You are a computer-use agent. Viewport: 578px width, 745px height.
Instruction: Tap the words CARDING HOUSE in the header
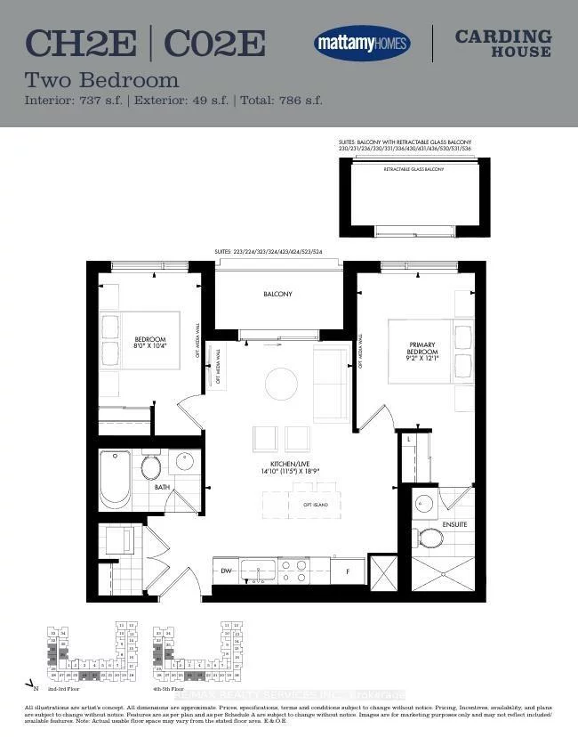tap(502, 43)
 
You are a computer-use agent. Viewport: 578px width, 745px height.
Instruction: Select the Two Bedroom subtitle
tap(101, 80)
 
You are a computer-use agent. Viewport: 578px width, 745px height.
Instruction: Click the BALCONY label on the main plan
tap(277, 294)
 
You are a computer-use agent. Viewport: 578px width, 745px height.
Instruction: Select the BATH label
tap(162, 488)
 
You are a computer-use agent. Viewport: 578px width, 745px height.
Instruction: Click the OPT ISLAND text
tap(316, 505)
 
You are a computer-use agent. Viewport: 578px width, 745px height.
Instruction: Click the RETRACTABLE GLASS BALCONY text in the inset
tap(413, 168)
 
